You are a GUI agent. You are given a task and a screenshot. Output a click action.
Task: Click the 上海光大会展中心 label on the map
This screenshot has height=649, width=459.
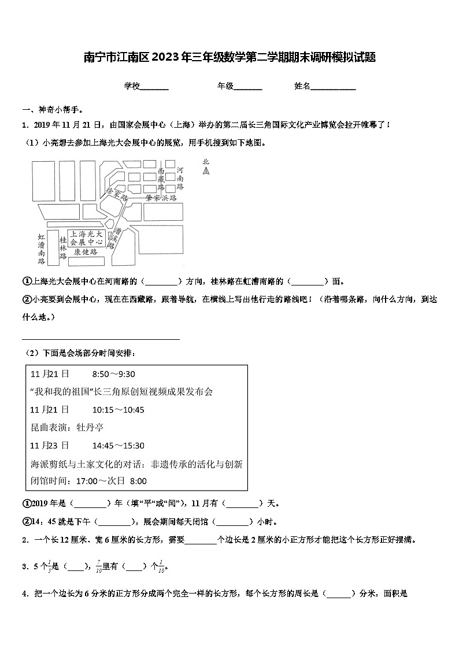coord(86,238)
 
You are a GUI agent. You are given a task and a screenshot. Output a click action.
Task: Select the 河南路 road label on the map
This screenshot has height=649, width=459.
coord(180,179)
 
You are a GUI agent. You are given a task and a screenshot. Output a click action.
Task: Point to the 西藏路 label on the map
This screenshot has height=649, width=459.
coord(161,179)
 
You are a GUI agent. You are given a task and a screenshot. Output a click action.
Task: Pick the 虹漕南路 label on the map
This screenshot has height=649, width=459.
coord(41,249)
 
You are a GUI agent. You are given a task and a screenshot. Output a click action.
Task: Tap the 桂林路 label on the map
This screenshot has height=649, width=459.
coord(62,247)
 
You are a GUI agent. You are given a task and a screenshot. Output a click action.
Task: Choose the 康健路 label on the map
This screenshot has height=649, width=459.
coord(86,253)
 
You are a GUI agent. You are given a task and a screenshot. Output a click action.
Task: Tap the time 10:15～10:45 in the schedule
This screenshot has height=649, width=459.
coord(118,410)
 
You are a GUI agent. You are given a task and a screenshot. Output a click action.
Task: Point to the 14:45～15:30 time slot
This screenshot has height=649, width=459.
coord(118,446)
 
